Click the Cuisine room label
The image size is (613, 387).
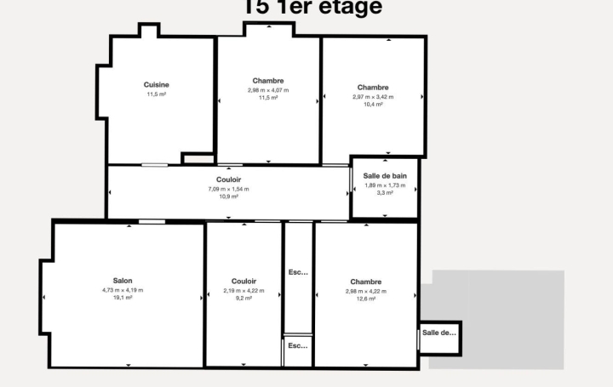point(156,84)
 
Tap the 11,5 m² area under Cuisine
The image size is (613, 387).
point(156,94)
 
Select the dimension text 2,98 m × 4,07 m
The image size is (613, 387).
point(268,90)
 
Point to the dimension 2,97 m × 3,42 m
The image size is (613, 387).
point(373,97)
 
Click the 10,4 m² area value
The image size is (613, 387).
point(373,105)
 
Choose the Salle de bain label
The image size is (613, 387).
point(385,176)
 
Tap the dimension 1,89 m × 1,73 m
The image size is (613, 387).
point(385,185)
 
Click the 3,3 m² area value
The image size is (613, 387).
point(385,193)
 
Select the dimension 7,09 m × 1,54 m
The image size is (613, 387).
point(228,189)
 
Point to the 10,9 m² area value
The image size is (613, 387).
point(228,196)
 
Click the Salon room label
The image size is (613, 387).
point(123,281)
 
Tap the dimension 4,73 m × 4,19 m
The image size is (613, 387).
point(123,290)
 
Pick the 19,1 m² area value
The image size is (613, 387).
point(123,298)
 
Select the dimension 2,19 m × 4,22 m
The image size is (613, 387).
point(243,291)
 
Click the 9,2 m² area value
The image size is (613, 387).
point(243,299)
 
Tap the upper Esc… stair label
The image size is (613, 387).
point(298,273)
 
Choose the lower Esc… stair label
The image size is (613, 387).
point(298,346)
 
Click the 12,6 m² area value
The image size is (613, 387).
point(365,299)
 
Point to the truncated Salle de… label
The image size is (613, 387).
point(440,333)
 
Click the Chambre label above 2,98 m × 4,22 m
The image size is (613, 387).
point(365,282)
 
